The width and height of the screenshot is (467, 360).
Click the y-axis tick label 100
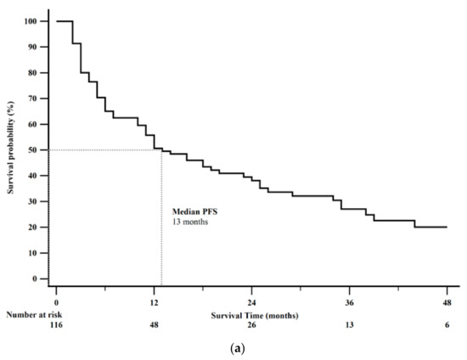click(31, 21)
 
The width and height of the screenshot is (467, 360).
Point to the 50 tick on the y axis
click(34, 149)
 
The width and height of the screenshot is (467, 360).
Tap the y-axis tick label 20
click(34, 227)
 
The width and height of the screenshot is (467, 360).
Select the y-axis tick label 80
click(34, 72)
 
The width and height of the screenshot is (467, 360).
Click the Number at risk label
click(32, 314)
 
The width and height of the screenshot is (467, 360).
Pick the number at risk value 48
click(154, 325)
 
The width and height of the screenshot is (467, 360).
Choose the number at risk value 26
click(251, 325)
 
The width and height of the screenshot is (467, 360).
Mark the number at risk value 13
click(349, 325)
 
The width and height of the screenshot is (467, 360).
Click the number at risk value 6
click(447, 325)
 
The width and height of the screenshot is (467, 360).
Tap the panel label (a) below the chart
click(233, 348)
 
